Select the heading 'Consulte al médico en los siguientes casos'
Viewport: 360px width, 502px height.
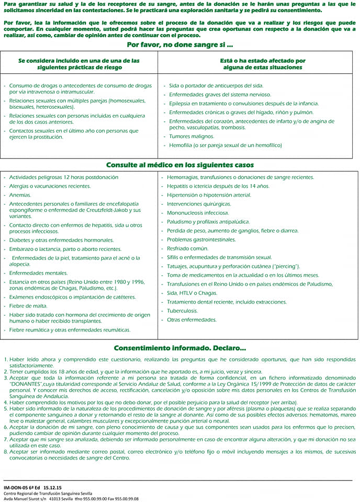point(179,165)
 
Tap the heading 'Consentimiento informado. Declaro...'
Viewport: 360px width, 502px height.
point(179,347)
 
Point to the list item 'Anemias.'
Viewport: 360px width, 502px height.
point(21,195)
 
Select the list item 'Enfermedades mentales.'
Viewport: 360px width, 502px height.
point(39,273)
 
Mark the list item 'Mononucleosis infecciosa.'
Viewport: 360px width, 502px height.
point(198,213)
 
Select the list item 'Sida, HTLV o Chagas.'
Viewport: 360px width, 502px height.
point(192,293)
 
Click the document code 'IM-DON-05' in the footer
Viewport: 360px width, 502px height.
point(18,487)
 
